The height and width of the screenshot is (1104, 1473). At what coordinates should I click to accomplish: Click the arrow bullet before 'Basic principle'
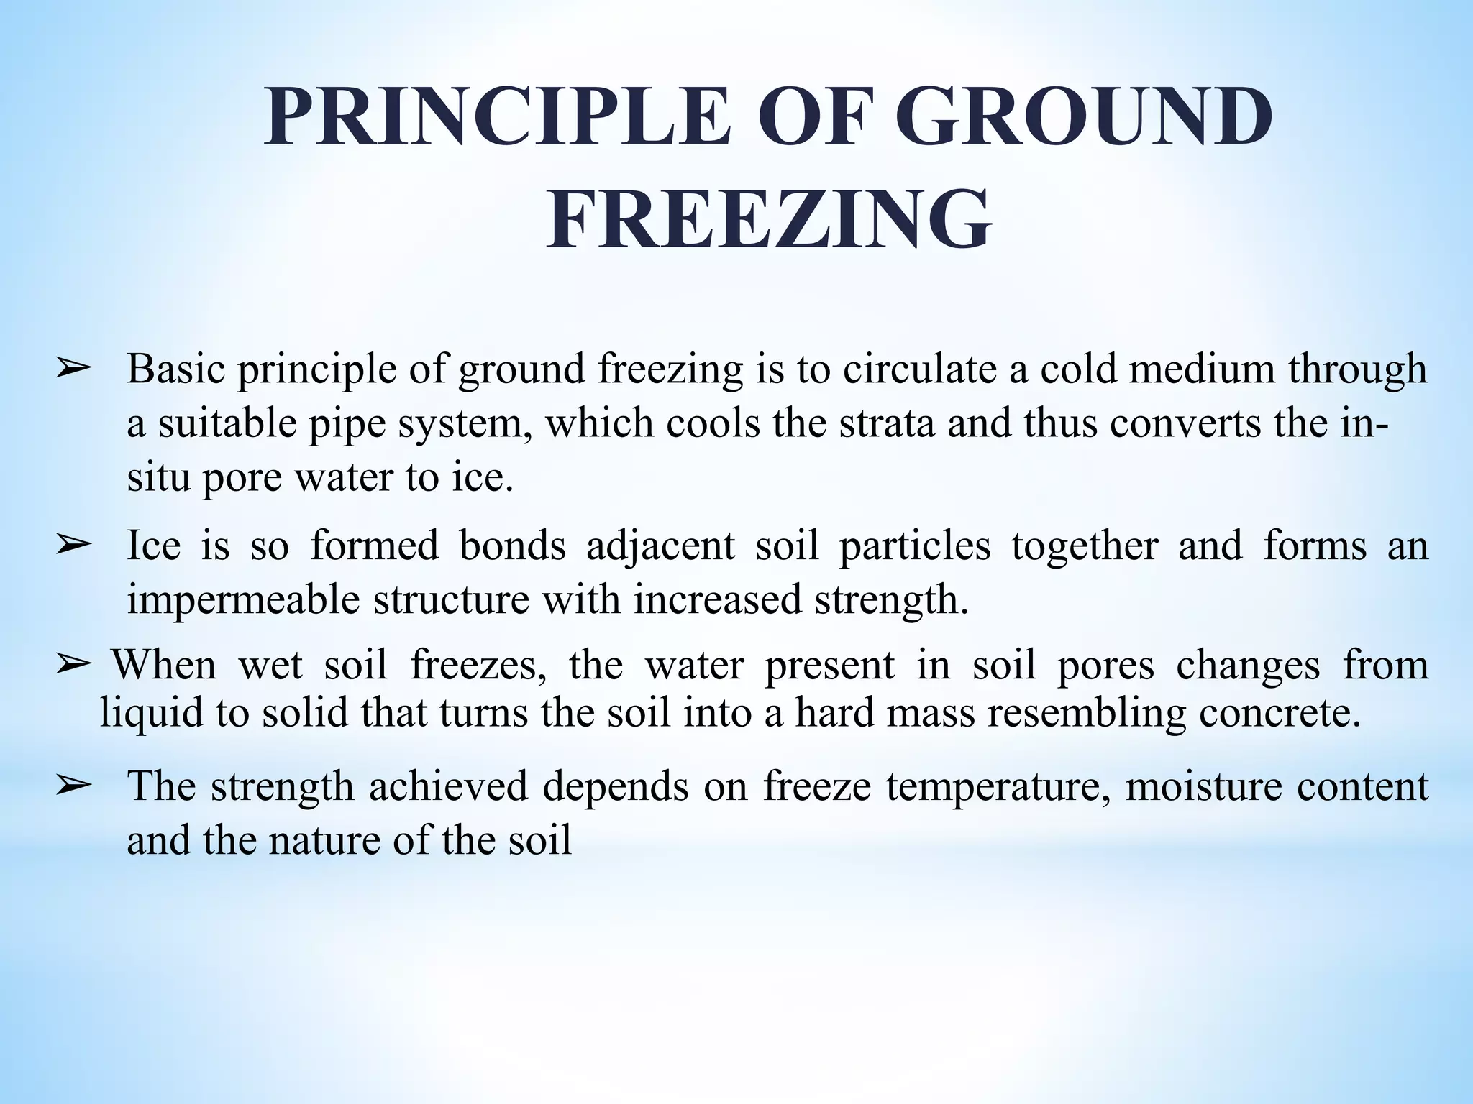[x=73, y=369]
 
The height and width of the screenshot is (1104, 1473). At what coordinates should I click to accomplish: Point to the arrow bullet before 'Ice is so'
[x=73, y=546]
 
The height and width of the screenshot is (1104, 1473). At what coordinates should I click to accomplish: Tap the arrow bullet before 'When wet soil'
[x=73, y=665]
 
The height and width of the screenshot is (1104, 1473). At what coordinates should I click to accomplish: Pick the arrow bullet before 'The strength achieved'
[x=73, y=786]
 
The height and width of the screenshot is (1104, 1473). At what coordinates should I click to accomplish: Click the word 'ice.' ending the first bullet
[x=483, y=477]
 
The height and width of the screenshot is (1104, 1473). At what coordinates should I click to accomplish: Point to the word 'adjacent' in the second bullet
[x=661, y=546]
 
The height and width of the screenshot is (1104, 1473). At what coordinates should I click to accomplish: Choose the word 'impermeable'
[x=242, y=600]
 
